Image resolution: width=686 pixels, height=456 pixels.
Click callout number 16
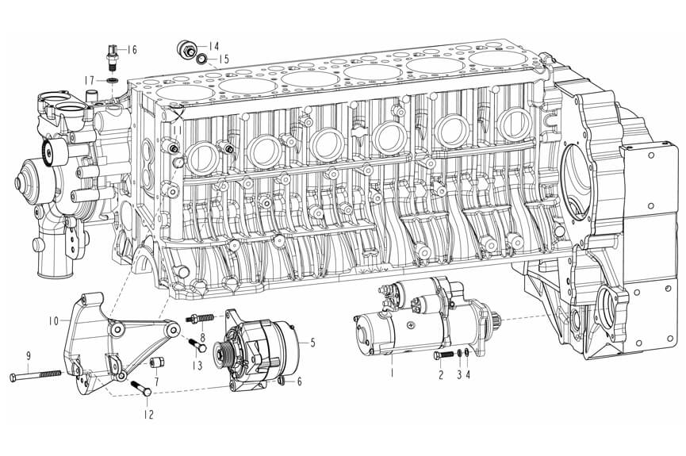click(132, 49)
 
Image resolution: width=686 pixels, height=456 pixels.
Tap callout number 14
click(213, 46)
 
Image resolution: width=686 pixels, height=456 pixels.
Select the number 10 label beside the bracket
click(53, 321)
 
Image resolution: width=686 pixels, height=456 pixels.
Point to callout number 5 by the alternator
click(312, 343)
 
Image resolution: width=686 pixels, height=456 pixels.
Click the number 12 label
click(149, 414)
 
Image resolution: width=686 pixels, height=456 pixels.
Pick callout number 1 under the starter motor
click(392, 374)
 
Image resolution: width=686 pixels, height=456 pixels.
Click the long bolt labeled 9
click(36, 374)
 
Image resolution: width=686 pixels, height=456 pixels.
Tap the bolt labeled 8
click(200, 318)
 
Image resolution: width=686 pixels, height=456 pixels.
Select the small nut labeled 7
click(156, 362)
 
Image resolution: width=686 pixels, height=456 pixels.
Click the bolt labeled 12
click(141, 388)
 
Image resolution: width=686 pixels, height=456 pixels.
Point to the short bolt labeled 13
click(197, 345)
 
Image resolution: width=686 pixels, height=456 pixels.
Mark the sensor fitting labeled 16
click(112, 56)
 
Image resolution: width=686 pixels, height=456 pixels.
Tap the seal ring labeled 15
click(201, 58)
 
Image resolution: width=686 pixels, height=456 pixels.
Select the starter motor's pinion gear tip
click(498, 319)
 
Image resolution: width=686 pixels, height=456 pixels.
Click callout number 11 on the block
click(178, 131)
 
